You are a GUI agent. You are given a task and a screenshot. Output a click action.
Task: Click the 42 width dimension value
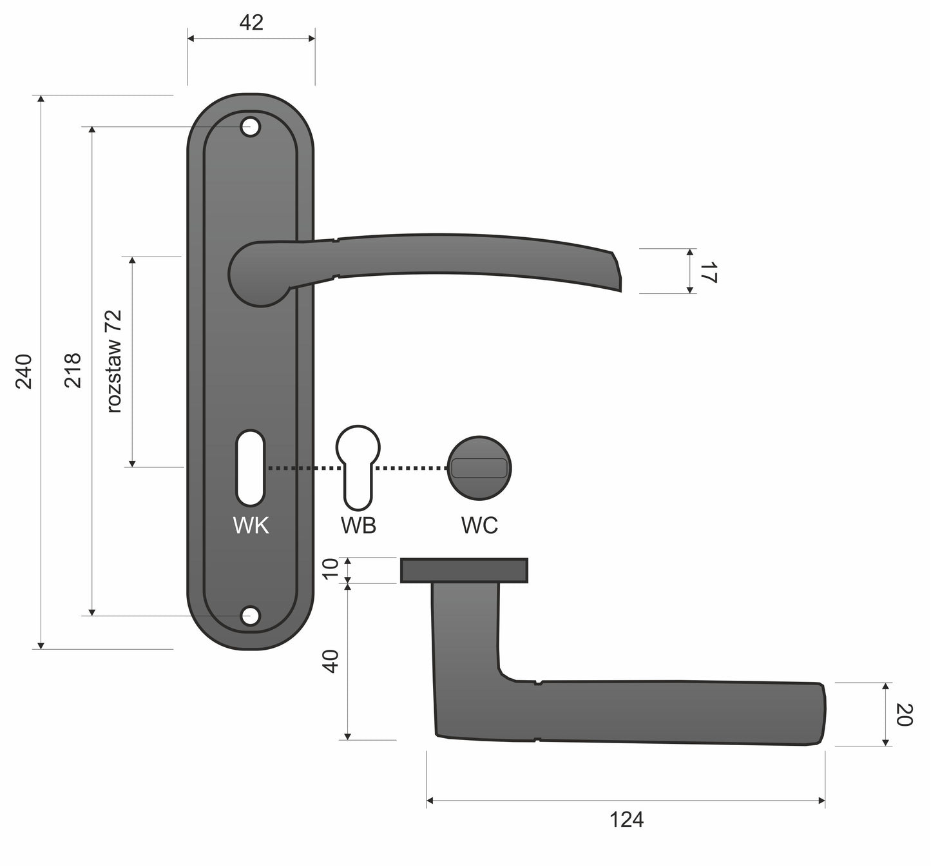coord(251,23)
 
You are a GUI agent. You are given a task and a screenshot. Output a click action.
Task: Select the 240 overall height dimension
coord(24,371)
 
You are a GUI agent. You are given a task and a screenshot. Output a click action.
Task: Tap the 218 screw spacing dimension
coord(73,371)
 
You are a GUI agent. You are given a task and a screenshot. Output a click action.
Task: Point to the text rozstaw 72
coord(115,361)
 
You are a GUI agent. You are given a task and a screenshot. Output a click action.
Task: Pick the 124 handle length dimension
coord(626,819)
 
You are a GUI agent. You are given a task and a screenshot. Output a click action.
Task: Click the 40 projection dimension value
coord(331,661)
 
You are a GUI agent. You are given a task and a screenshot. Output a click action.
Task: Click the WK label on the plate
coord(251,525)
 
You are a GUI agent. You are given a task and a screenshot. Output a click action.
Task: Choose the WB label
coord(358,525)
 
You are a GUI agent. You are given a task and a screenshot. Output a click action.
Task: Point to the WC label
coord(479,525)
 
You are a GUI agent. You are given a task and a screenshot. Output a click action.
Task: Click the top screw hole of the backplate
coord(251,127)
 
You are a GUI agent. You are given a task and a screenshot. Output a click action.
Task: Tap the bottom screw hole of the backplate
coord(251,616)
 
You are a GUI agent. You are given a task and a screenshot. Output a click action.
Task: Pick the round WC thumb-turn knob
coord(479,468)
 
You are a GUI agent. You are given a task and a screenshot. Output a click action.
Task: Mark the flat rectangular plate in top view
coord(464,570)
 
